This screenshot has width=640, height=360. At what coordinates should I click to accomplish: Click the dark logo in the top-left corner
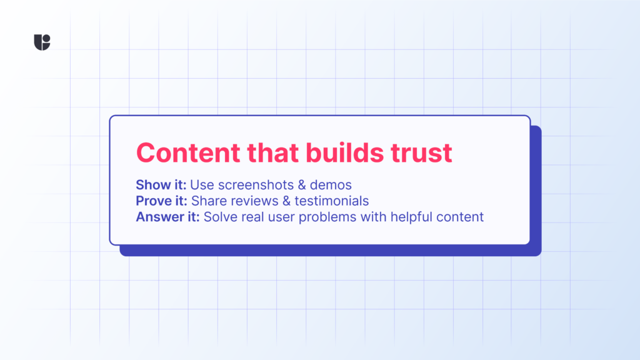point(42,42)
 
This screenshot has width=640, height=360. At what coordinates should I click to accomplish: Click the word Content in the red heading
point(188,152)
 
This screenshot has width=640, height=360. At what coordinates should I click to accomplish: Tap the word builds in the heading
point(344,152)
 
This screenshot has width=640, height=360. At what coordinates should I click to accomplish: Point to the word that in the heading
point(273,152)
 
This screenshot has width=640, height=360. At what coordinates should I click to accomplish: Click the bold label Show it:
point(161,185)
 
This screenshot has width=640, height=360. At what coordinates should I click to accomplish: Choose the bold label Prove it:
point(162,201)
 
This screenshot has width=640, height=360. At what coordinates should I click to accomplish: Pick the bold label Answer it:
point(167,217)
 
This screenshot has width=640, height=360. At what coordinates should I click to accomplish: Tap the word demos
point(331,185)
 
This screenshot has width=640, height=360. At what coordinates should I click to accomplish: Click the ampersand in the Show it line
point(302,185)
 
